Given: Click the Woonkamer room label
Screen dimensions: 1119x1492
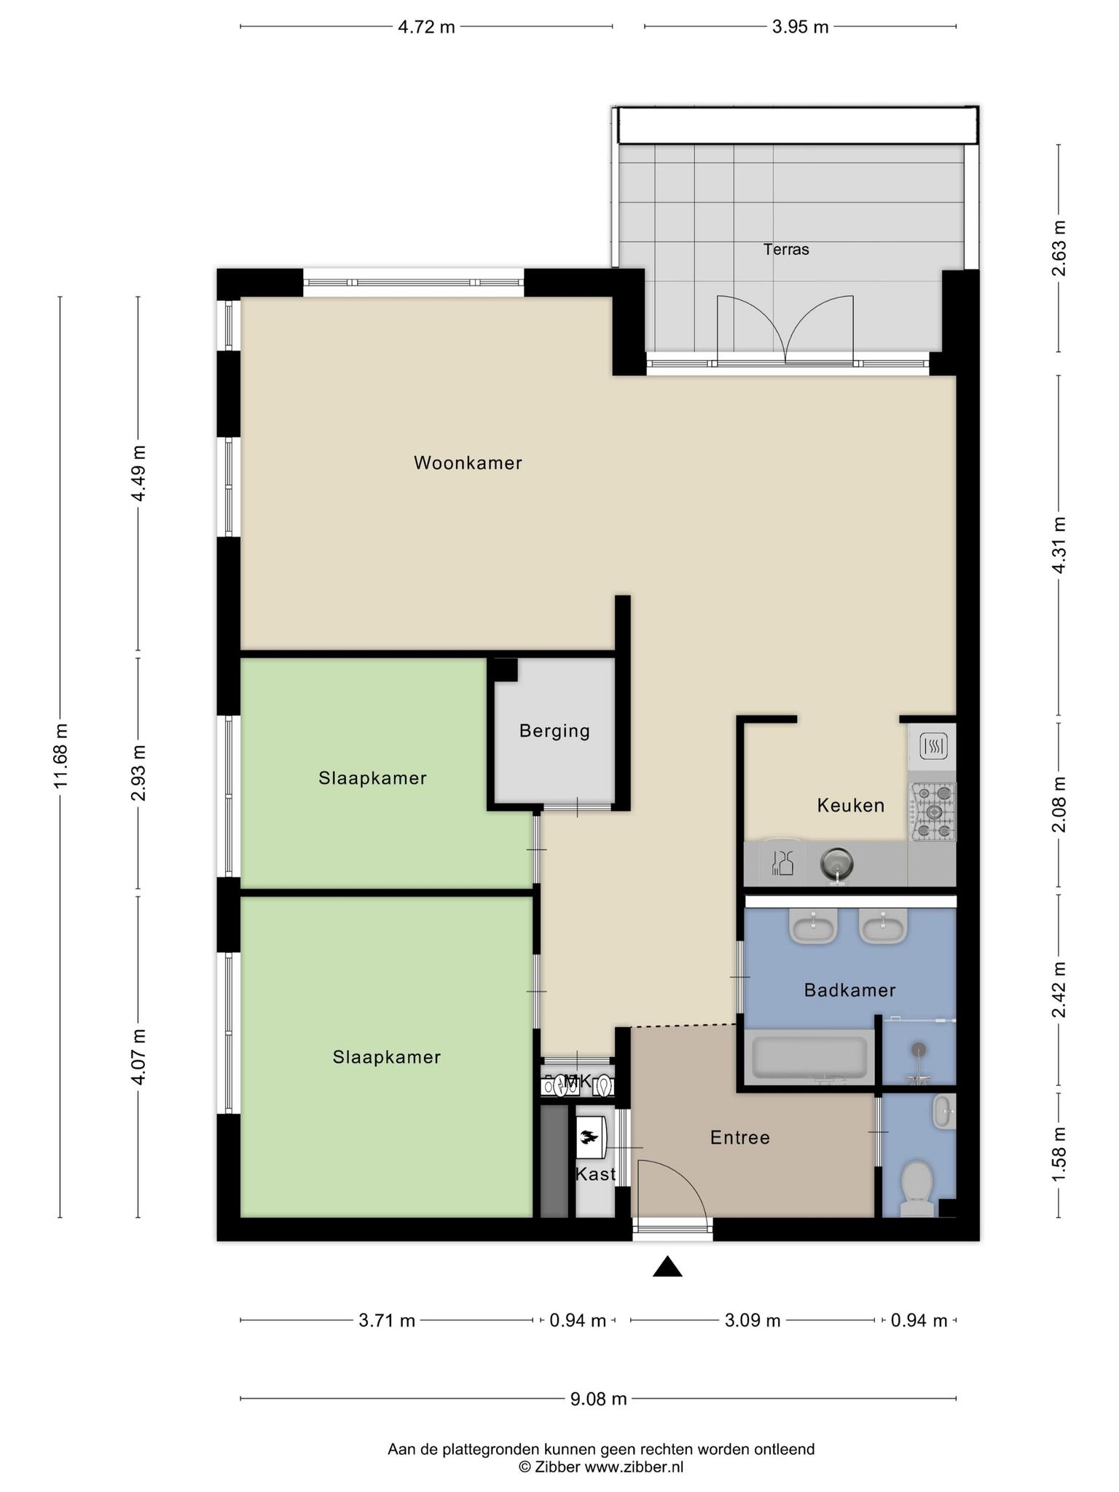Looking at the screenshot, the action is point(468,463).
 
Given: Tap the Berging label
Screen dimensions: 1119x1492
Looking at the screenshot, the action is point(554,731).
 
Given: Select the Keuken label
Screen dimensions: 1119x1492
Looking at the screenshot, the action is point(850,805).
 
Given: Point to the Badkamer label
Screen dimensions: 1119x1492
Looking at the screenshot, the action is point(849,990).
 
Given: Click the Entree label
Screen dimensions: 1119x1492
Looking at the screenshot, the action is point(740,1137).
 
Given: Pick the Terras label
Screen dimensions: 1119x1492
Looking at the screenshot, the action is point(786,249).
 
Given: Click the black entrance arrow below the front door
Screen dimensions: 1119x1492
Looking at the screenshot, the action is point(667,1267).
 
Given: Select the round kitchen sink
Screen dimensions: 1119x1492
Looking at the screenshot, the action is point(836,864).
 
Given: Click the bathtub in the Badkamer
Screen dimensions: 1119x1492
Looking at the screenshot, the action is point(809,1058).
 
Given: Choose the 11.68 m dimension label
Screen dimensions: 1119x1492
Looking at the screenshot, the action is point(60,755).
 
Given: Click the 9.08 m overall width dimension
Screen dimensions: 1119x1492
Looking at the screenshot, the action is point(597,1399).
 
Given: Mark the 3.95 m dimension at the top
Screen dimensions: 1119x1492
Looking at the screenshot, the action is point(800,28).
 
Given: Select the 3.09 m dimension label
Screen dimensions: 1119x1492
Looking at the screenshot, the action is point(753,1320).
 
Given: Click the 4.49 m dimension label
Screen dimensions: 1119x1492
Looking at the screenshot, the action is point(138,473).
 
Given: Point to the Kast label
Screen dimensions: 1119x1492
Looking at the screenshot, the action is point(596,1174).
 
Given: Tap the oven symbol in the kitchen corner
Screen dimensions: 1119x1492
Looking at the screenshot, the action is point(932,745).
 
